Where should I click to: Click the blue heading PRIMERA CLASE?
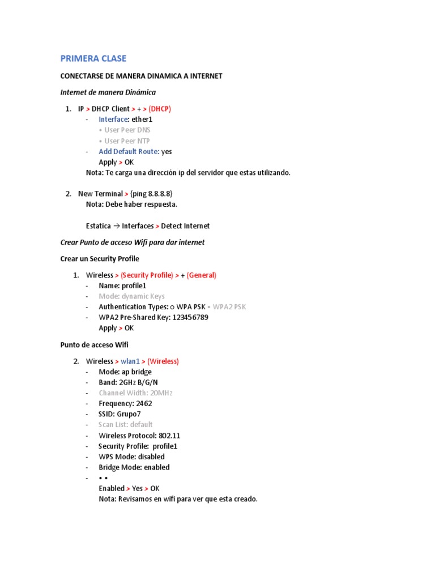click(x=93, y=58)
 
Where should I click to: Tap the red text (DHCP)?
click(x=160, y=109)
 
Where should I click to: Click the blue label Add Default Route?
click(x=129, y=152)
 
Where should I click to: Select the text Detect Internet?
click(x=185, y=226)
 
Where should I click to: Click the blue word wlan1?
click(x=130, y=361)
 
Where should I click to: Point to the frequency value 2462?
click(x=144, y=404)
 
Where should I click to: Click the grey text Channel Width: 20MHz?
click(x=135, y=393)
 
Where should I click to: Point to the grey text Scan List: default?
click(x=126, y=425)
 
